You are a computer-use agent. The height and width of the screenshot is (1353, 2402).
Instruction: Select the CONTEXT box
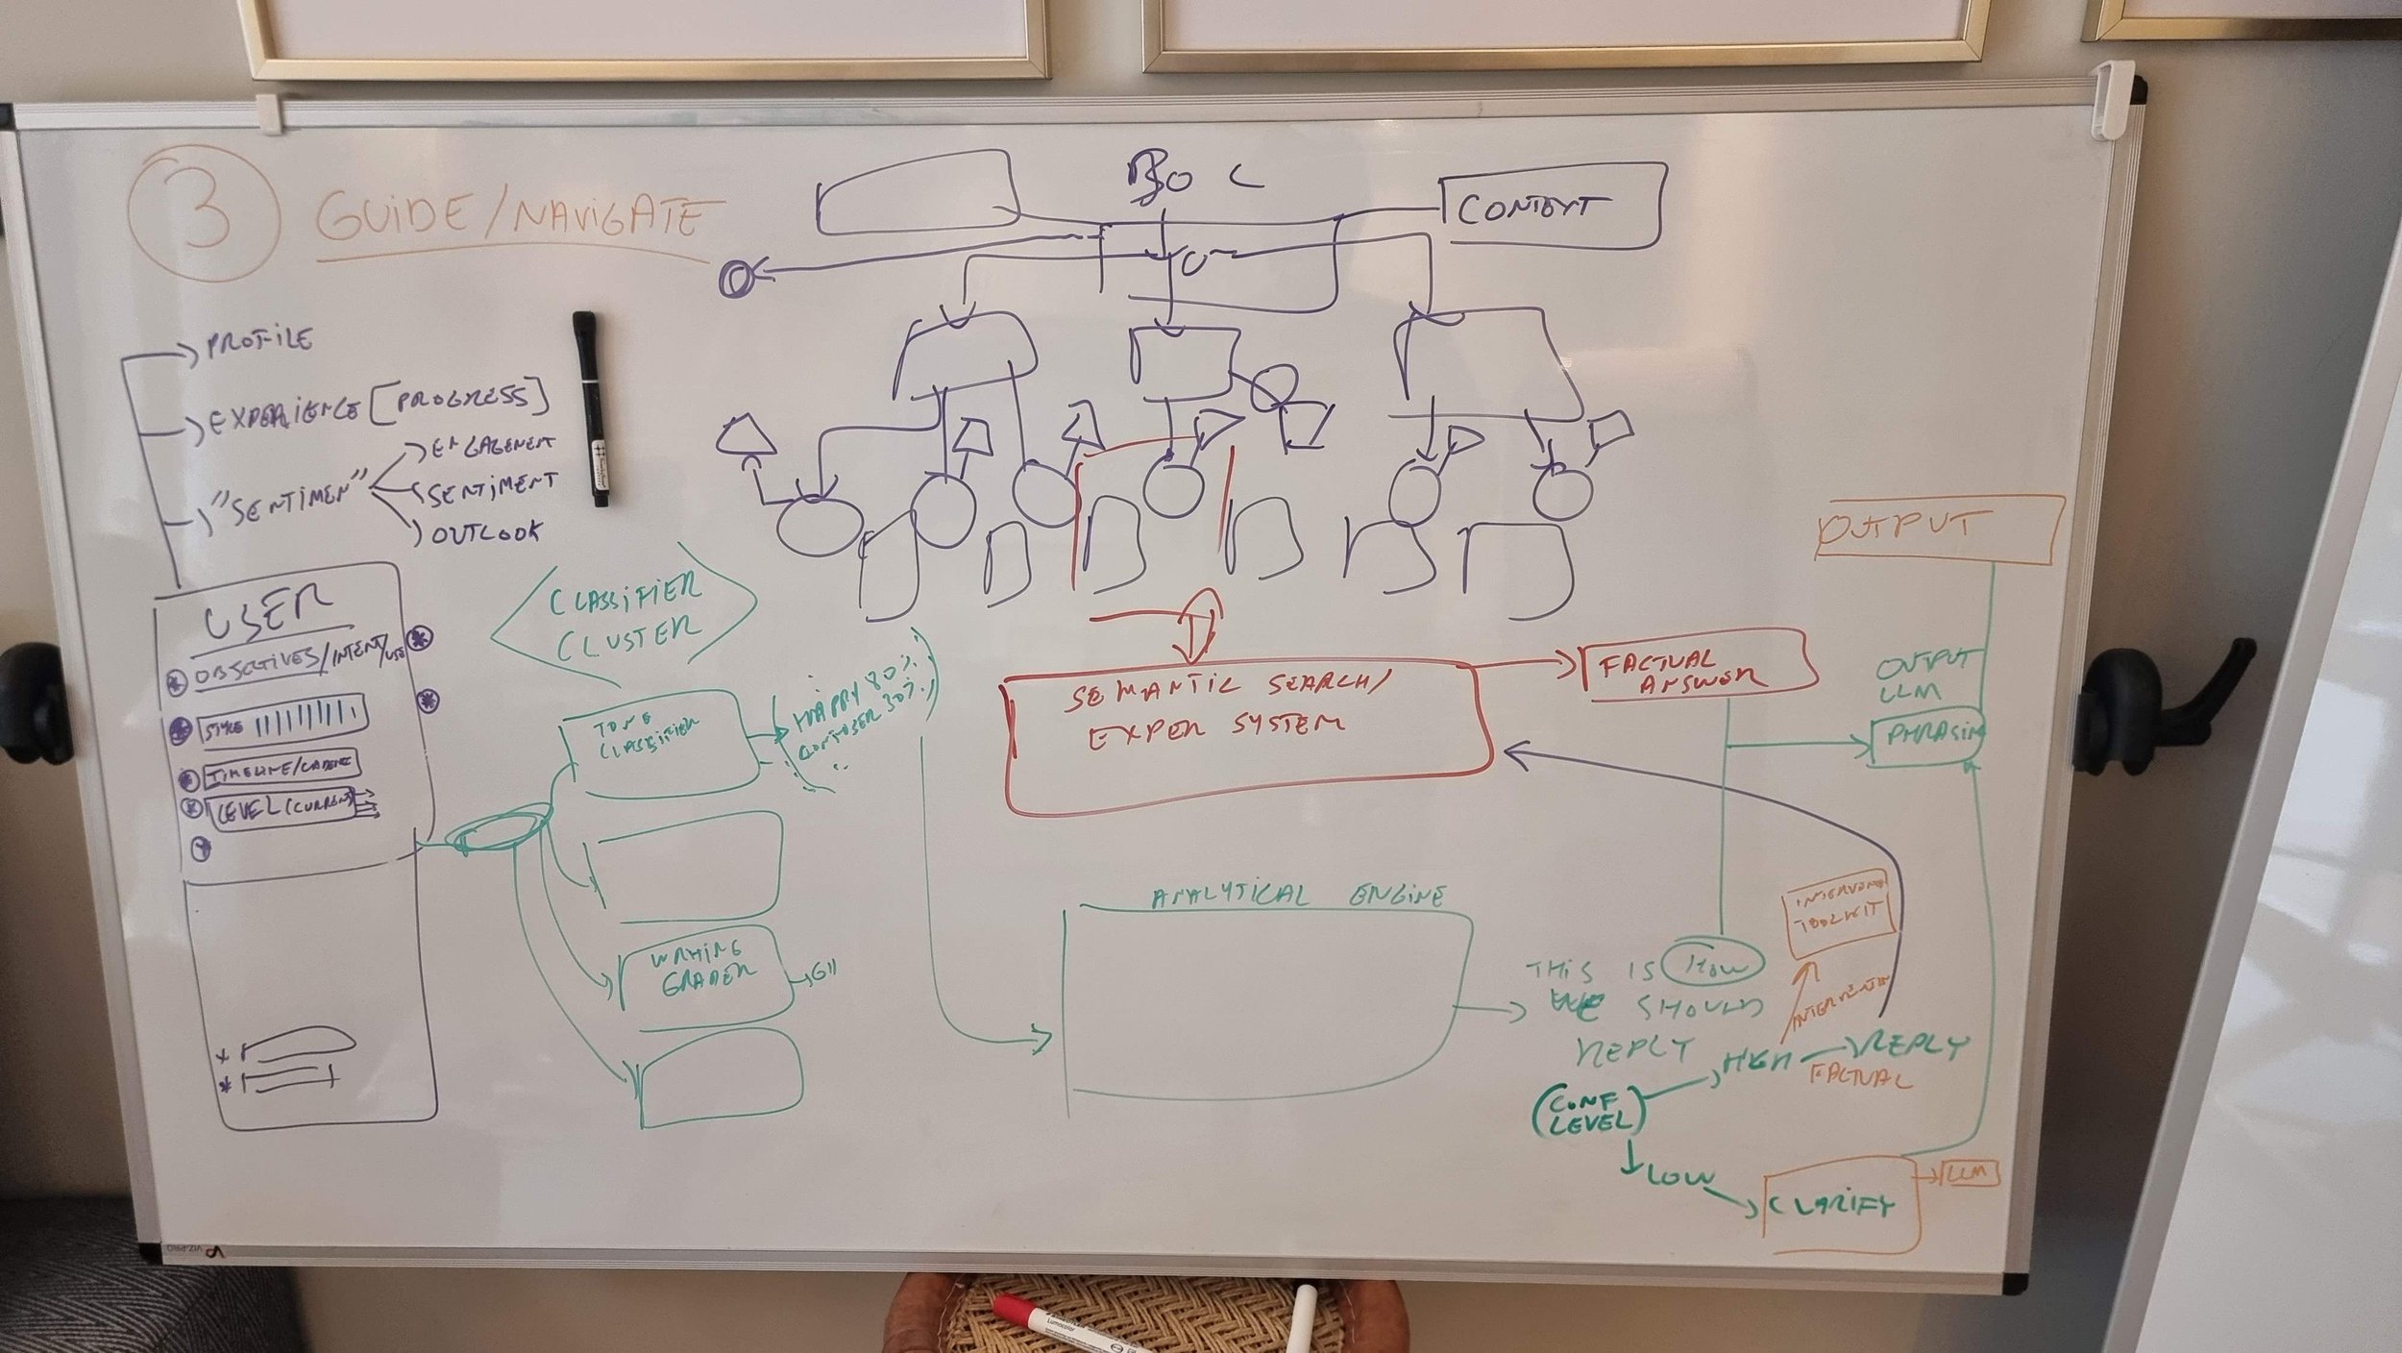pos(1553,208)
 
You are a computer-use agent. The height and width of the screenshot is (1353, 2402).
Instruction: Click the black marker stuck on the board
pos(590,407)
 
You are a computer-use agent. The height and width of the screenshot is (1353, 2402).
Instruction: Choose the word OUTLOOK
pos(486,532)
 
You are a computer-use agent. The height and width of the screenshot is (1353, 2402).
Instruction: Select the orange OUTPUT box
pos(1938,528)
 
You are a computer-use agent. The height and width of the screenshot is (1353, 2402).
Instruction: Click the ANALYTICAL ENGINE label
pos(1297,897)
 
